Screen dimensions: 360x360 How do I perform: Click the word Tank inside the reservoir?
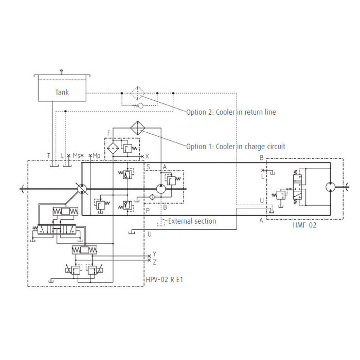[62, 92]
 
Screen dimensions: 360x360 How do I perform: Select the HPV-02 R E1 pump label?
[165, 280]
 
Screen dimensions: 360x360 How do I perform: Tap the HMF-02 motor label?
[304, 225]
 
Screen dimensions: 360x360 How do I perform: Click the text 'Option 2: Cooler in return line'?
[231, 112]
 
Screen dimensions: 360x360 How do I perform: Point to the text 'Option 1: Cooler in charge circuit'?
[236, 147]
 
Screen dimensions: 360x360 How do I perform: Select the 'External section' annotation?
[192, 221]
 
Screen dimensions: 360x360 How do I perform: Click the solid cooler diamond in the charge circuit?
[138, 128]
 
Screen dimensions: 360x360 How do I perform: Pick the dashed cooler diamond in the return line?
[138, 93]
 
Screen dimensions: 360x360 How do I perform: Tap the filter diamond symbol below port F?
[113, 148]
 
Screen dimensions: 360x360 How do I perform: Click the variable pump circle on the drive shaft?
[82, 189]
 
